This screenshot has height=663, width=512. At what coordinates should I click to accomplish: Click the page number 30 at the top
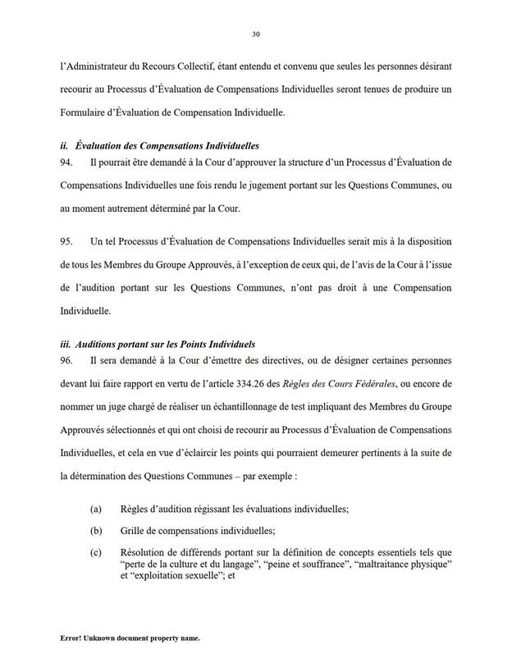click(255, 34)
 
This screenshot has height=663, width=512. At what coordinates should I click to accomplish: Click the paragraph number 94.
click(66, 164)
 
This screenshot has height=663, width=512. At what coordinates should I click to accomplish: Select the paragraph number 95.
click(66, 242)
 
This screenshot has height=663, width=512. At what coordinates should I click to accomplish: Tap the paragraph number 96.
click(66, 360)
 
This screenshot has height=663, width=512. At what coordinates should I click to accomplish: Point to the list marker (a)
click(97, 510)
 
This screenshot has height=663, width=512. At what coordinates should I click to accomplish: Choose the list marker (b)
click(97, 530)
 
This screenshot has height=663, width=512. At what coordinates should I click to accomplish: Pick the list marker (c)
click(97, 551)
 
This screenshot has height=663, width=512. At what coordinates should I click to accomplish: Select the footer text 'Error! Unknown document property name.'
click(130, 638)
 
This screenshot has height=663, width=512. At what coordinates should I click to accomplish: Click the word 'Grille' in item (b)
click(132, 530)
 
